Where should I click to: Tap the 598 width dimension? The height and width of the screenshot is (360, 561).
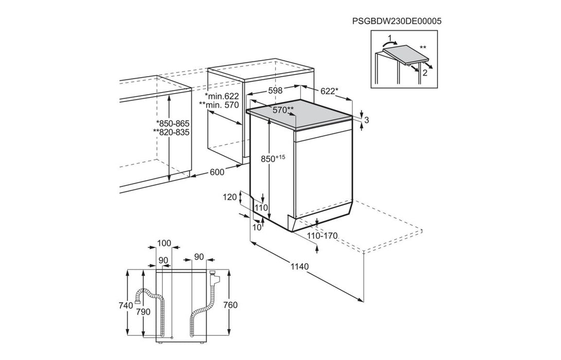point(276,90)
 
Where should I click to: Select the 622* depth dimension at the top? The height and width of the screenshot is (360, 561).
point(329,91)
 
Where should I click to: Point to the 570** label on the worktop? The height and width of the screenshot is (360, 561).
point(283,110)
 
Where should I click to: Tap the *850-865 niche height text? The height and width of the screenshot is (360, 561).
point(172,123)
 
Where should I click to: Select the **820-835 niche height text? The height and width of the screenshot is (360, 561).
point(172,132)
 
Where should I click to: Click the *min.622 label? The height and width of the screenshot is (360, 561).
point(222,96)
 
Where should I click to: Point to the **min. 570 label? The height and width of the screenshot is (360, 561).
point(220,105)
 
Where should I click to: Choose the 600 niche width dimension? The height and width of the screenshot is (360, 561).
point(217,172)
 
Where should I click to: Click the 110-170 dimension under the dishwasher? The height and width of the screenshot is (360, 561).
point(322,236)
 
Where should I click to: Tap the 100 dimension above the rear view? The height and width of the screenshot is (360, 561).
point(164,243)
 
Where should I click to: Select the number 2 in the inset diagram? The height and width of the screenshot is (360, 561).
point(425,73)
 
